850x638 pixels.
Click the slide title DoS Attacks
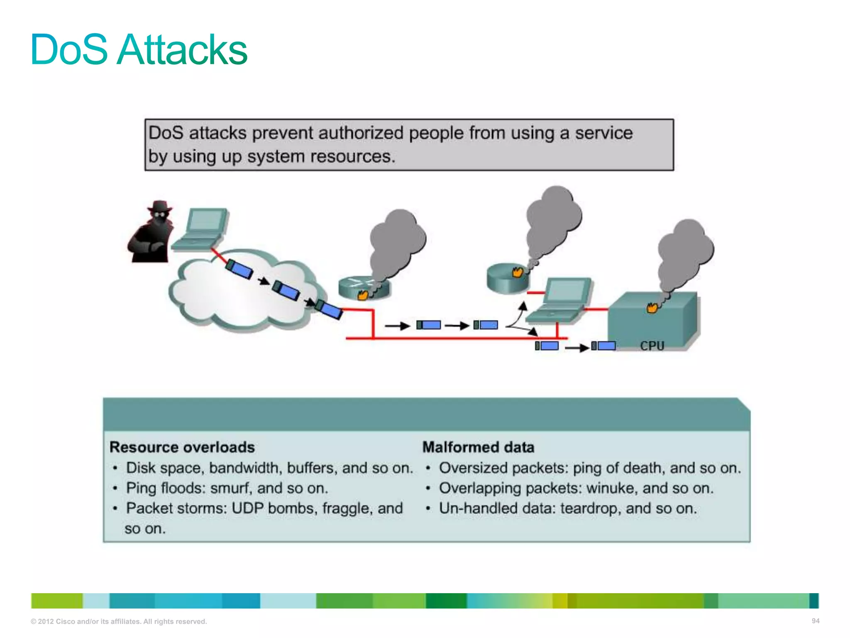click(139, 50)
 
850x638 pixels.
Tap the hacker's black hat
click(160, 206)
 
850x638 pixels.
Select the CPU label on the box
click(652, 346)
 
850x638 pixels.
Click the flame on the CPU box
click(652, 308)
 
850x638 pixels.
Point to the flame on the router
click(363, 295)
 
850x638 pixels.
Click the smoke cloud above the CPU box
click(685, 249)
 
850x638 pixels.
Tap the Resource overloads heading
click(182, 447)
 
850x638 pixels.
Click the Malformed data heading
click(478, 447)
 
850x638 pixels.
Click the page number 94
click(815, 621)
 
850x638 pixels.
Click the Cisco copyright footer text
click(119, 621)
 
